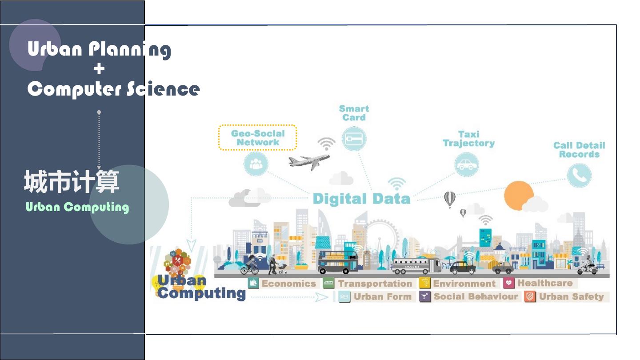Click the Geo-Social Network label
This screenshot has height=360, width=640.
coord(258,138)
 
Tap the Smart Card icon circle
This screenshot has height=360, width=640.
coord(354,139)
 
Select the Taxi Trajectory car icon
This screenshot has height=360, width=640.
coord(467,165)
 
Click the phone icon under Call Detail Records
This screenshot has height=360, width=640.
coord(579,175)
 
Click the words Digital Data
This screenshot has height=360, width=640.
coord(361,199)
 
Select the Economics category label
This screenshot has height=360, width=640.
coord(288,284)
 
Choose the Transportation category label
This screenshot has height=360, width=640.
coord(375,284)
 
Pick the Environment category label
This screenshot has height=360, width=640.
coord(464,284)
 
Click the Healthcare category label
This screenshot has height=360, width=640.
coord(544,283)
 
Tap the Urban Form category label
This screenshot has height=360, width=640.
coord(382,296)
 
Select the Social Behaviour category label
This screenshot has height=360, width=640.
coord(475,296)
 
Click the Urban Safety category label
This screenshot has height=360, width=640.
coord(571,296)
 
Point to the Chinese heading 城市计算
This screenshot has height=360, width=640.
coord(72,182)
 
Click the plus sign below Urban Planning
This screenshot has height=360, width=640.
coord(99,68)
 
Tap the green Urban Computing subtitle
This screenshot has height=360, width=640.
coord(77,207)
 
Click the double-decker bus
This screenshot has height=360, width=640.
coord(338,262)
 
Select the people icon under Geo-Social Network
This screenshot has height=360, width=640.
coord(256,164)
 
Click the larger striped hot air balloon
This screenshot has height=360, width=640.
coord(450,199)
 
